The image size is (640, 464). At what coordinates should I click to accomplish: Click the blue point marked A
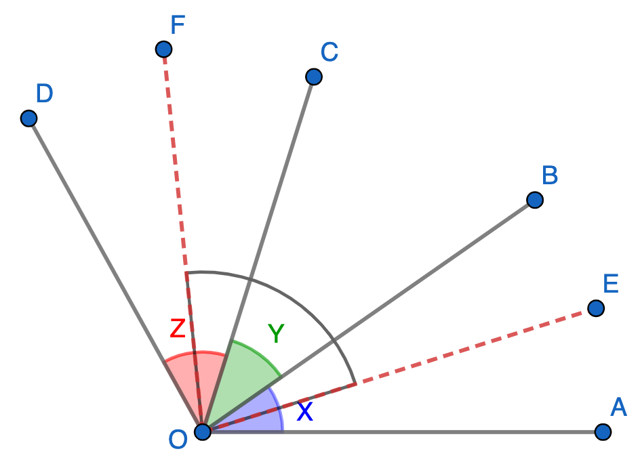[x=603, y=431]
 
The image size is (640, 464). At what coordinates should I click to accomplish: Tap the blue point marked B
[x=534, y=200]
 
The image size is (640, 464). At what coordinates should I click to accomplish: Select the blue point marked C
[x=313, y=77]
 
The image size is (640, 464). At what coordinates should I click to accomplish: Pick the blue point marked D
[x=28, y=119]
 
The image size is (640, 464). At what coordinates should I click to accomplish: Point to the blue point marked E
[x=595, y=308]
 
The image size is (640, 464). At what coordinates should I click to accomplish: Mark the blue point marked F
[x=163, y=49]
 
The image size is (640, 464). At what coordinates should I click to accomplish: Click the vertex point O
[x=203, y=431]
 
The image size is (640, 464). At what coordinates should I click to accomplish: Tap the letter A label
[x=618, y=407]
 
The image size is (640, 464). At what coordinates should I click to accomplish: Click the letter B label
[x=550, y=175]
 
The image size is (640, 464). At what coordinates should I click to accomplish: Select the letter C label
[x=329, y=52]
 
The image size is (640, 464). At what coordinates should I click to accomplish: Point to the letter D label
[x=44, y=93]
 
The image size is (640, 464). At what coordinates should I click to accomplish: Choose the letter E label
[x=611, y=284]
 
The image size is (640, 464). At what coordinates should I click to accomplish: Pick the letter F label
[x=178, y=25]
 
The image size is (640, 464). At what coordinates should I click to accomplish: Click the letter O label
[x=178, y=440]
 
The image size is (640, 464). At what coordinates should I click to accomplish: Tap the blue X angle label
[x=305, y=412]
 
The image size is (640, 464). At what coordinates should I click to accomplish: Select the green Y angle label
[x=276, y=333]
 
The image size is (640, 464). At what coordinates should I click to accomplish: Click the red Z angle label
[x=178, y=329]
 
